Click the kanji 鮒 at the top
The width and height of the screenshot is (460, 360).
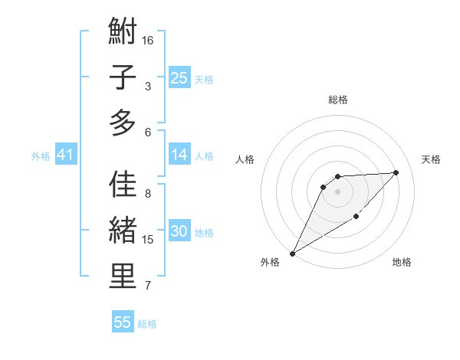123,33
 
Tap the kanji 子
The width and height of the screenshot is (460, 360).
123,77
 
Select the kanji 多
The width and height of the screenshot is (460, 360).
123,123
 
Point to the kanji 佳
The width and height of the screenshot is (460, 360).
123,186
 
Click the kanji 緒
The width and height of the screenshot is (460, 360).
123,231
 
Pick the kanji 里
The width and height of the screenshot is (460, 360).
123,277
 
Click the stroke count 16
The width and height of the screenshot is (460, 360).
148,40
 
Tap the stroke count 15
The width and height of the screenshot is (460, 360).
148,240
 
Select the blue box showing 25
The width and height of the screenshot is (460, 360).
179,77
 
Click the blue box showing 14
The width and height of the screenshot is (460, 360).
179,155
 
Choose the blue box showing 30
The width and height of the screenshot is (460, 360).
179,231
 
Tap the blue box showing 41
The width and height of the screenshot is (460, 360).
65,155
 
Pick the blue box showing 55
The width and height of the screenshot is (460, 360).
123,322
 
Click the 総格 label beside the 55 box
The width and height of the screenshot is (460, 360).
147,324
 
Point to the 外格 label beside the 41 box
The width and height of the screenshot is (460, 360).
41,156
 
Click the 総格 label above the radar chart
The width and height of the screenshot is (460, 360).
337,100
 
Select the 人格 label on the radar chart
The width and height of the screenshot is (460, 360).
245,159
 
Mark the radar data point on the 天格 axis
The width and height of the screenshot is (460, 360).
396,172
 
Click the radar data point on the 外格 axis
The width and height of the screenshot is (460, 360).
292,253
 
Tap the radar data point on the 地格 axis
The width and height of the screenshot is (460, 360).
356,218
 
